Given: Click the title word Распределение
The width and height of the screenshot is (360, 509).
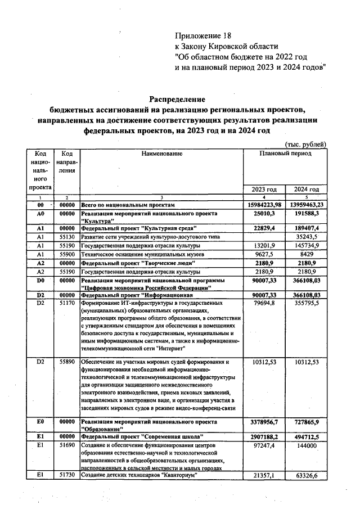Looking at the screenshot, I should (177, 98).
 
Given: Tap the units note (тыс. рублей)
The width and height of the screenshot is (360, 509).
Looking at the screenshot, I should (306, 145).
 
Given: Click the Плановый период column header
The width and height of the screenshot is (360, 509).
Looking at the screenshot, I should (285, 154).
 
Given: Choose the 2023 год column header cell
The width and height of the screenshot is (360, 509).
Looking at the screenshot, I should (264, 190).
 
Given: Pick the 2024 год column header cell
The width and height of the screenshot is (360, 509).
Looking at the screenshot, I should (307, 190).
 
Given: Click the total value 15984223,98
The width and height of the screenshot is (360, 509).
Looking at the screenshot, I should (264, 206).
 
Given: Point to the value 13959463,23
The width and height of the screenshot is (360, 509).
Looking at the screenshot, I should (307, 206).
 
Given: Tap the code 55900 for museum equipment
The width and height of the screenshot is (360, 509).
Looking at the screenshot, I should (67, 254).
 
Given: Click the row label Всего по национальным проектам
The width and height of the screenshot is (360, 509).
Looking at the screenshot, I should (129, 206).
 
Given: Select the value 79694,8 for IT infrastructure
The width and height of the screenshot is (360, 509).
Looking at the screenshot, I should (265, 303).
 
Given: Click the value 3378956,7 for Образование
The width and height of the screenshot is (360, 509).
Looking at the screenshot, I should (264, 421).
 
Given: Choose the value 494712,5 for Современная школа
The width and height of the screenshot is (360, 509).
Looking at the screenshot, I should (307, 436).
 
